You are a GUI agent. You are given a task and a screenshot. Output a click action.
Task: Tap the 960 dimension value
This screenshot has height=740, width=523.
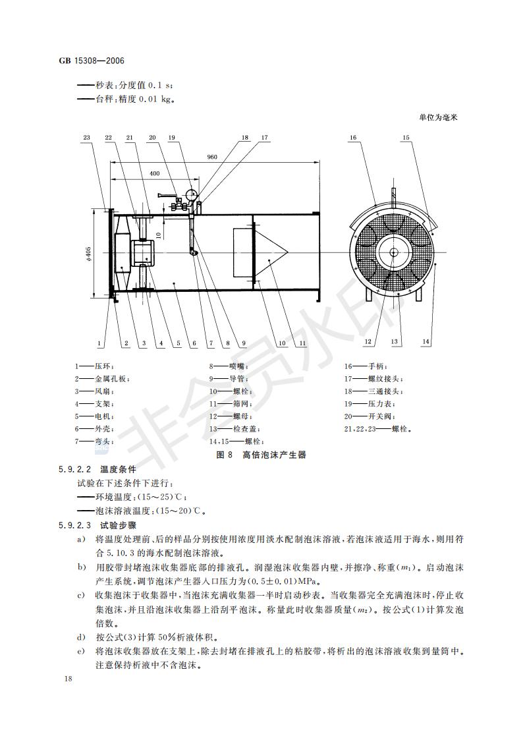pyautogui.click(x=212, y=157)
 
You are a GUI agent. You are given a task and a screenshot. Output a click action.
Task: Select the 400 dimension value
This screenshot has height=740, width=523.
pyautogui.click(x=154, y=173)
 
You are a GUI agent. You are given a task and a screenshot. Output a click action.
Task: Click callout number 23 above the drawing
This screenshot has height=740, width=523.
pyautogui.click(x=86, y=138)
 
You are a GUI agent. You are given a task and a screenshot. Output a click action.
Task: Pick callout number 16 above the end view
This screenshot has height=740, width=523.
pyautogui.click(x=353, y=138)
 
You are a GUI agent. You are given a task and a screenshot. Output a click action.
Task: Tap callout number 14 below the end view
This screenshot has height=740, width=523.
pyautogui.click(x=426, y=341)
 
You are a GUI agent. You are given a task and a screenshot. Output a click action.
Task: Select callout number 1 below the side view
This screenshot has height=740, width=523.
pyautogui.click(x=99, y=343)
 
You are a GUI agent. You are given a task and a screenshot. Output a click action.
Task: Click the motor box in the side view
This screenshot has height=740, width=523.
pyautogui.click(x=143, y=253)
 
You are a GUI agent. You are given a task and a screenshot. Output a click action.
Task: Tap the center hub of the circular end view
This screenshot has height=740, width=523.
pyautogui.click(x=393, y=252)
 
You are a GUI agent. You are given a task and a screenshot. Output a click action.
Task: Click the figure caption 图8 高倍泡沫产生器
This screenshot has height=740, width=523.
pyautogui.click(x=261, y=455)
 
